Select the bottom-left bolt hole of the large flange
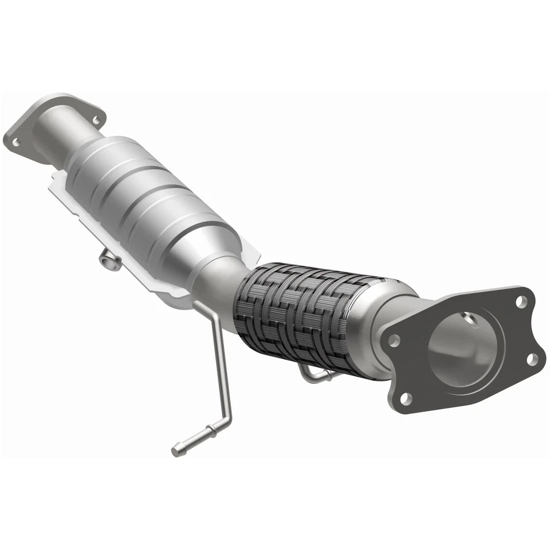pyautogui.click(x=406, y=397)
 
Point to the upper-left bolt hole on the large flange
pyautogui.click(x=394, y=340)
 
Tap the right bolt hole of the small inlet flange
pyautogui.click(x=95, y=119)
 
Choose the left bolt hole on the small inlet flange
pyautogui.click(x=15, y=139)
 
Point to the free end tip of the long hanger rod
pyautogui.click(x=175, y=452)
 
